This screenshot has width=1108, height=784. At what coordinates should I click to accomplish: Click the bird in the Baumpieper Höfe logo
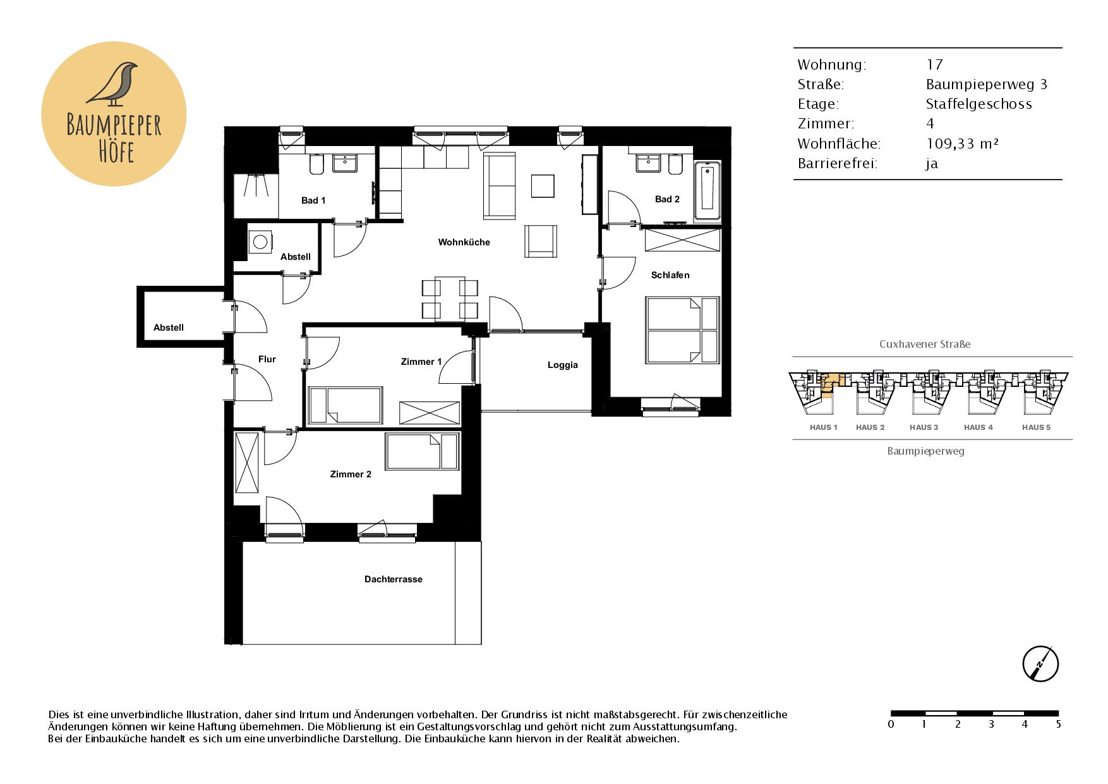click(114, 83)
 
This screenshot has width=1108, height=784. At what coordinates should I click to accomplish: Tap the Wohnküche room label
click(464, 242)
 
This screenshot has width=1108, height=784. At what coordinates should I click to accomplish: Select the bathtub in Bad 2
click(707, 190)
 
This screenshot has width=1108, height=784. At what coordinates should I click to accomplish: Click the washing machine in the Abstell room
click(260, 242)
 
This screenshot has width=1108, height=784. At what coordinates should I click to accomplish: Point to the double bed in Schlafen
click(682, 330)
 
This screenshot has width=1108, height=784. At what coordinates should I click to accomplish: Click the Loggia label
click(562, 365)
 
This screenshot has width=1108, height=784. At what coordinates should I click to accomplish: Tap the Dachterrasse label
click(393, 579)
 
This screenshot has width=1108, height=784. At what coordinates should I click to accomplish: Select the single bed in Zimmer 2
click(422, 451)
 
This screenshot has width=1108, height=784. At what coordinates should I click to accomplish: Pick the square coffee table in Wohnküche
click(543, 186)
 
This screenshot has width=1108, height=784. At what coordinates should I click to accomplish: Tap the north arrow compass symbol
click(1040, 664)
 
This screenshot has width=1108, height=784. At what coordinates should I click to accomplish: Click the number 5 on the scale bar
click(1058, 725)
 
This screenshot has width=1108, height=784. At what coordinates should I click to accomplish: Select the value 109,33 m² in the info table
click(962, 144)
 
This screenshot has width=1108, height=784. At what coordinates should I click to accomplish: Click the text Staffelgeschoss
click(979, 104)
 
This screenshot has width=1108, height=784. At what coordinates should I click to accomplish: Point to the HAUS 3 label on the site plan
click(924, 427)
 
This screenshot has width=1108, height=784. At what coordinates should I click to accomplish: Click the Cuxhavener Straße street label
click(925, 344)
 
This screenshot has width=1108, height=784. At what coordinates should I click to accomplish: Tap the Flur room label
click(267, 359)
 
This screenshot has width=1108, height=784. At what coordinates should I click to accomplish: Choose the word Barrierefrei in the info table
click(837, 163)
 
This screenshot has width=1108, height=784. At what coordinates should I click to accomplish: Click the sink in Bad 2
click(648, 163)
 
